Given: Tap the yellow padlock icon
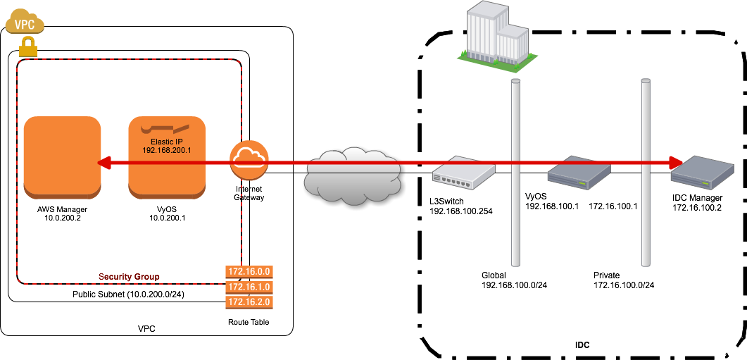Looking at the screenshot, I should [x=27, y=47].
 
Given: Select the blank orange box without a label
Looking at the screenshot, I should [x=62, y=155].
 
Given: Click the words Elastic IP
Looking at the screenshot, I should [x=166, y=142].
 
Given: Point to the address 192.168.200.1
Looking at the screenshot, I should [x=166, y=150].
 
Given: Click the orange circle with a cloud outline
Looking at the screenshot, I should [x=249, y=161].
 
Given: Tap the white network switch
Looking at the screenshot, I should [x=463, y=173].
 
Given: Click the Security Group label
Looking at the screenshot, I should [x=129, y=277].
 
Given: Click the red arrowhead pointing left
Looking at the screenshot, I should [x=103, y=163].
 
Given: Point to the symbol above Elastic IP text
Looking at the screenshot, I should [x=166, y=129].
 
